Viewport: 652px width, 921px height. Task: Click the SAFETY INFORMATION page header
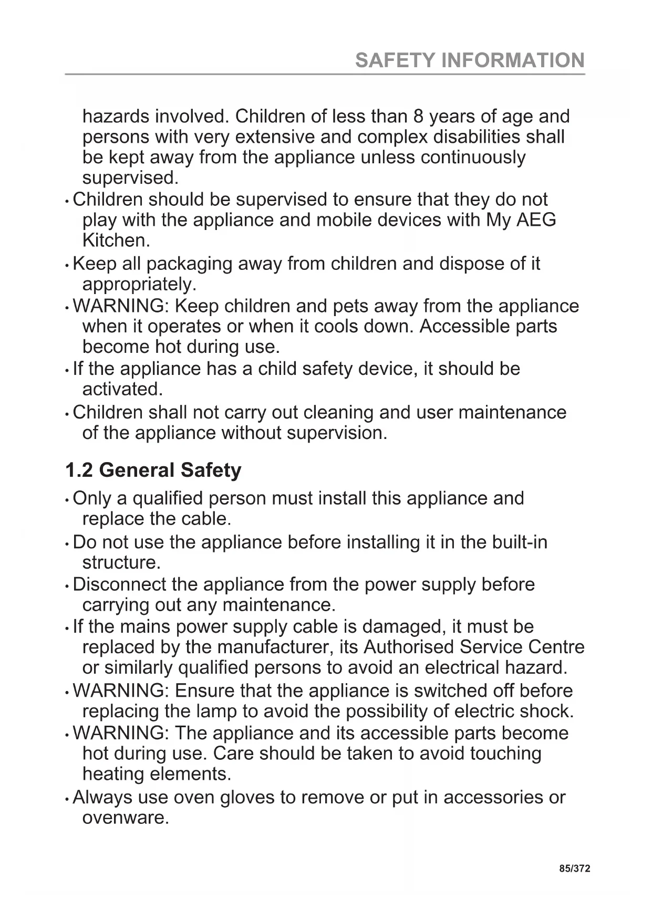pos(470,60)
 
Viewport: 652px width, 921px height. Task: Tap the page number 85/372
pos(575,868)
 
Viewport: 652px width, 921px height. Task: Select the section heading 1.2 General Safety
pos(153,470)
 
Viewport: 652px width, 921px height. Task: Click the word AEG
pos(536,219)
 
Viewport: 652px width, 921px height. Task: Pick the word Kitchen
pos(116,240)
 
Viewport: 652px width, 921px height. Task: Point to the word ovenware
pos(126,818)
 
